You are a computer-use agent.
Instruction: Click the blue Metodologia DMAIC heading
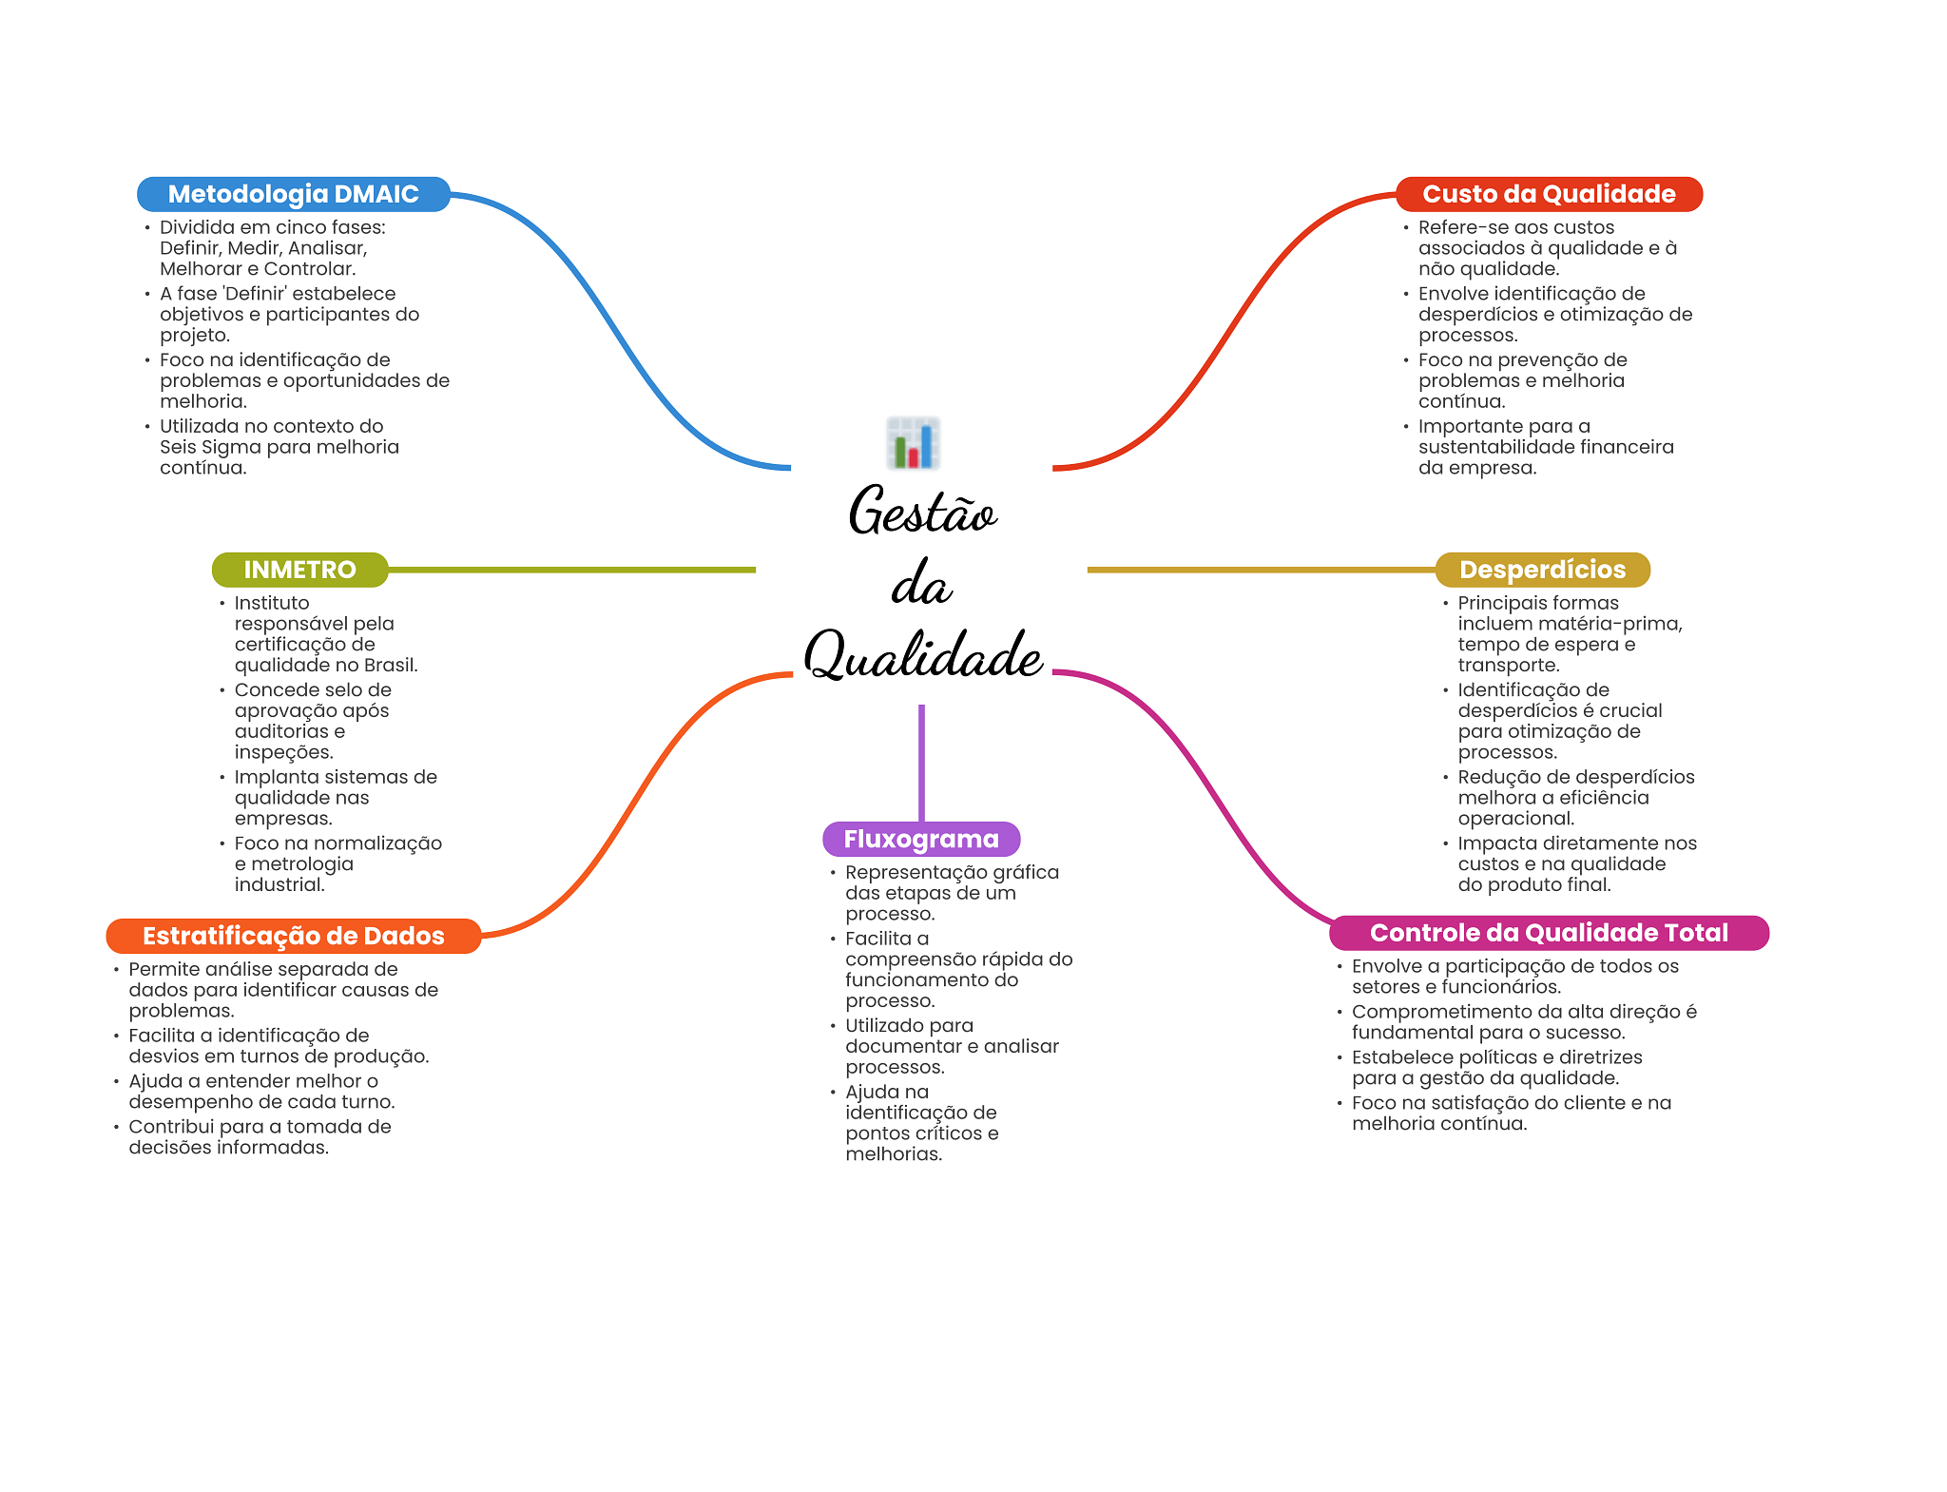point(293,194)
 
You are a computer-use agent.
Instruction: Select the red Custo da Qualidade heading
point(1549,194)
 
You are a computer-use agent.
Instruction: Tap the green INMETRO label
point(299,570)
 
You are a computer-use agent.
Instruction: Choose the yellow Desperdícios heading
point(1542,570)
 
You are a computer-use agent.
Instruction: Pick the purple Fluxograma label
point(921,839)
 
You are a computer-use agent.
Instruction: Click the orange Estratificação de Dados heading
point(293,936)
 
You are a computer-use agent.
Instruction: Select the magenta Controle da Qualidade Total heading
point(1549,933)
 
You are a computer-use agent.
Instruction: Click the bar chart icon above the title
point(914,443)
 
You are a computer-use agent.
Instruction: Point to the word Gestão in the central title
point(922,512)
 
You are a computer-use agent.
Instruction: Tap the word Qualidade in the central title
point(922,655)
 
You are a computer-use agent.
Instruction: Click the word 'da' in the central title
point(921,584)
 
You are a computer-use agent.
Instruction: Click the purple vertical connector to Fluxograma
point(921,761)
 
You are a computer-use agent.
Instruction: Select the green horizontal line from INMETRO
point(570,570)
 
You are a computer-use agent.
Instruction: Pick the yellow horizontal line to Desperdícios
point(1260,570)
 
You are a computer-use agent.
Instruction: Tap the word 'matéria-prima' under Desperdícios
point(1616,624)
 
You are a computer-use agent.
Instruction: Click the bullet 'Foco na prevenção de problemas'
point(1522,370)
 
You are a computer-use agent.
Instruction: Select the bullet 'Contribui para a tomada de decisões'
point(260,1136)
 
